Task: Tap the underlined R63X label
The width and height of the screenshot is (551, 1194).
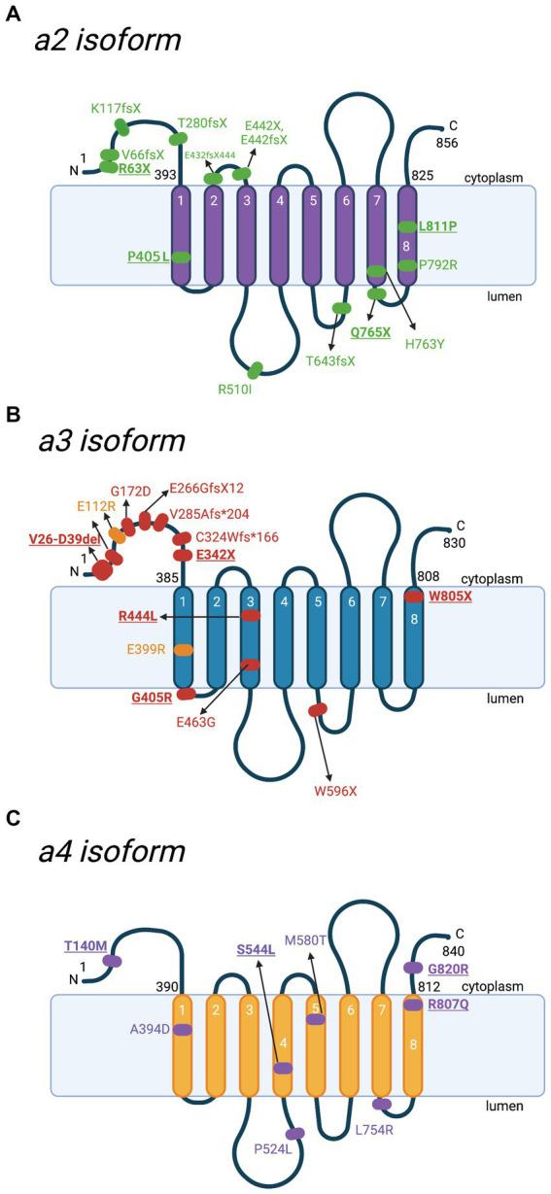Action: [134, 168]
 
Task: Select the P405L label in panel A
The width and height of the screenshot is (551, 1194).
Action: [149, 256]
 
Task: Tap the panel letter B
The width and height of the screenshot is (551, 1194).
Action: [13, 415]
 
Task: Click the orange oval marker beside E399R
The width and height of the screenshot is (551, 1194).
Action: [183, 649]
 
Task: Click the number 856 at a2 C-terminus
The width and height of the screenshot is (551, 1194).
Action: [449, 142]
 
